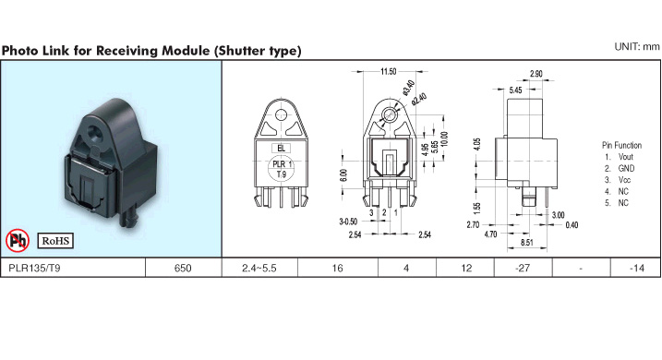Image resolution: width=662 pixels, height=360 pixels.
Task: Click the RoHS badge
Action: [55, 241]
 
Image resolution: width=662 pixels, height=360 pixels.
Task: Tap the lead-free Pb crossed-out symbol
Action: [18, 241]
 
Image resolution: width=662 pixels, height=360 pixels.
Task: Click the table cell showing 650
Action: [183, 268]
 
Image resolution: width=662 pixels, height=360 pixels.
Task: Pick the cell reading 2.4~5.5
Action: [259, 268]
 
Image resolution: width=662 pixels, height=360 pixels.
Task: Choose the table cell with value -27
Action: [523, 268]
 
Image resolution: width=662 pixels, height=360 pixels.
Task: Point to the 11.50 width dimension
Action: [389, 71]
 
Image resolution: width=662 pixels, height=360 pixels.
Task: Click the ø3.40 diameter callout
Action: [408, 88]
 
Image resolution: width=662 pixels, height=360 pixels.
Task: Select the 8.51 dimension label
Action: [526, 242]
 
